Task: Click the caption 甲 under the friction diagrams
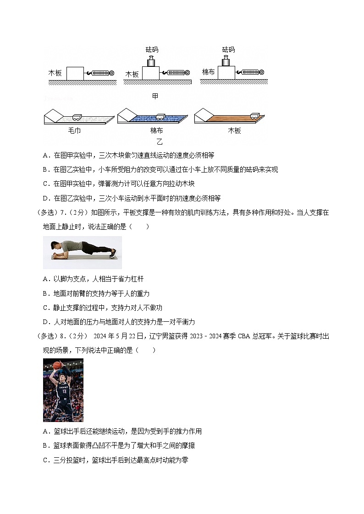(x=155, y=96)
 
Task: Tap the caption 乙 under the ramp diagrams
(x=159, y=142)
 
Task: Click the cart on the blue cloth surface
(x=161, y=117)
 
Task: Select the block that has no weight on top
(x=75, y=73)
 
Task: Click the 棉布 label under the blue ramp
(x=156, y=131)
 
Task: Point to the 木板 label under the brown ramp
(x=234, y=131)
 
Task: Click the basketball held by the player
(x=57, y=365)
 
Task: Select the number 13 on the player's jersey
(x=64, y=391)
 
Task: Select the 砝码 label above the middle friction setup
(x=152, y=49)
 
